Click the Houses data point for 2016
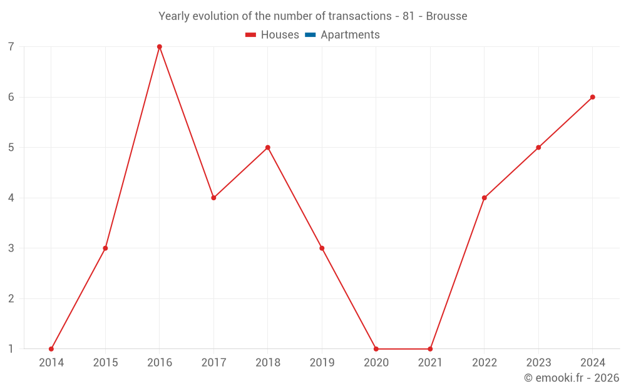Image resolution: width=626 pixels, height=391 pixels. coord(160,47)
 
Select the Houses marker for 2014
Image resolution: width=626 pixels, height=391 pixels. coord(51,349)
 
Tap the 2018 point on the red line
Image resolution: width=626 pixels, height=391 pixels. coord(268,148)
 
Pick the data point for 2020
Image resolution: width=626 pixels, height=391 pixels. coord(376,349)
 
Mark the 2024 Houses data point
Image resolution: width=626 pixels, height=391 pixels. coord(593,97)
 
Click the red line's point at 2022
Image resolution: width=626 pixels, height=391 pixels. coord(485,198)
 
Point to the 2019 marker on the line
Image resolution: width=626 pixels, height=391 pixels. coord(322,248)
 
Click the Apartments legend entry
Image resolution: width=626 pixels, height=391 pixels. coord(350,35)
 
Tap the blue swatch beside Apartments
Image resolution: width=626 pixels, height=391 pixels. coord(310,35)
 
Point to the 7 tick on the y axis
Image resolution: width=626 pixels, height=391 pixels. coord(11,47)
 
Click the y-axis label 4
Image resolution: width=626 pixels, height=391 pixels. coord(11,198)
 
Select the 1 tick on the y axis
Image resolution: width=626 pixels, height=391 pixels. coord(11,349)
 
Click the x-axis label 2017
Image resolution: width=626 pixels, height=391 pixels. coord(213,363)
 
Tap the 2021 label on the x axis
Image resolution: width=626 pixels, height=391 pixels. coord(430,363)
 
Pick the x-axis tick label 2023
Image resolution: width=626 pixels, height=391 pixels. coord(538,363)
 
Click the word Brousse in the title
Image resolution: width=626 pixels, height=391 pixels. coord(446,16)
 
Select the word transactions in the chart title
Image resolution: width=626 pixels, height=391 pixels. coord(360,16)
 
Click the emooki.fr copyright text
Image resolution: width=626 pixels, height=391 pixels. coord(572,378)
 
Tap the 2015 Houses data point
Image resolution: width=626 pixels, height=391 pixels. coord(105,248)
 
